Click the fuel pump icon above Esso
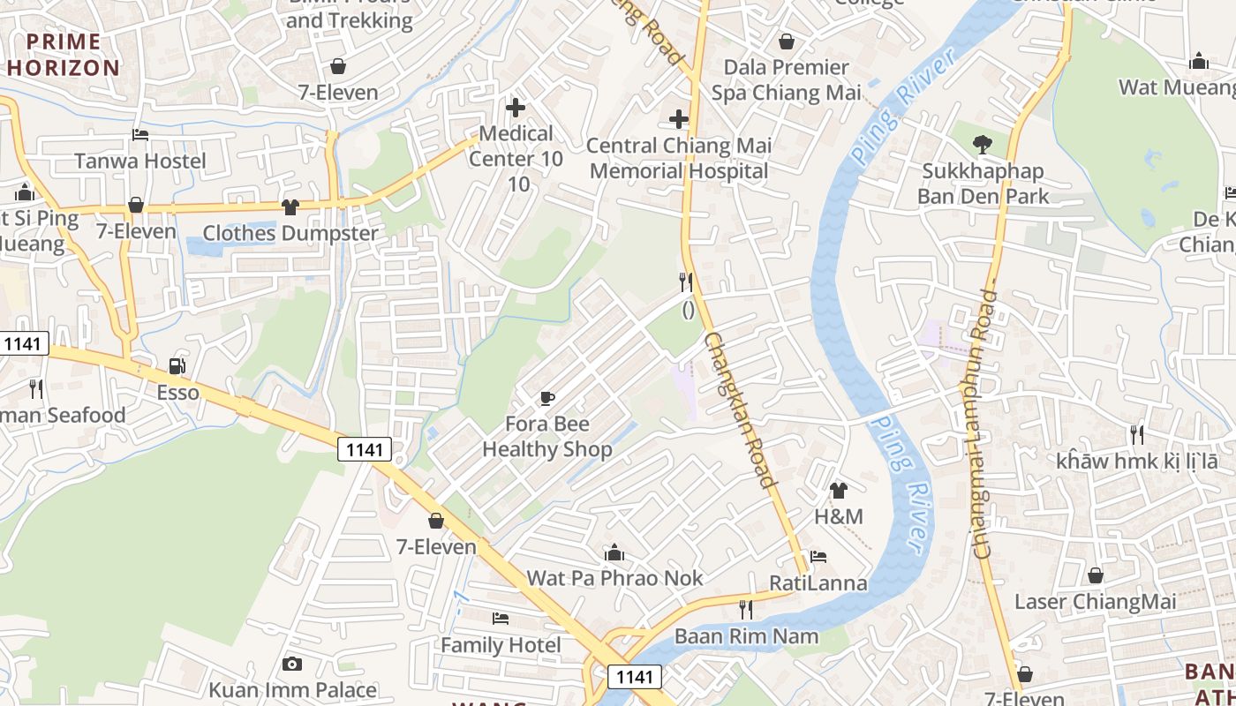[177, 366]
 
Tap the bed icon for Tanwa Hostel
[139, 135]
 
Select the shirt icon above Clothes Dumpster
[290, 207]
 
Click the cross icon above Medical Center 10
[516, 109]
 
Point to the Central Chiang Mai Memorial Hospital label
[679, 158]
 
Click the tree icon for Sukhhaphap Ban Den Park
[981, 144]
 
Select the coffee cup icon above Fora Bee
[546, 398]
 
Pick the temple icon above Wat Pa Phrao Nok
[614, 553]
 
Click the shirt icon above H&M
[838, 491]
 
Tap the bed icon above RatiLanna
[818, 558]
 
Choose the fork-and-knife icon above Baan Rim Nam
[746, 610]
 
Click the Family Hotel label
[501, 645]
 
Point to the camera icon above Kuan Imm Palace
[292, 664]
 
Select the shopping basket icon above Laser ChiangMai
[1095, 576]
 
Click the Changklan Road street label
[740, 409]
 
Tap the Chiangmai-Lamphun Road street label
[985, 424]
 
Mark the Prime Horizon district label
[63, 55]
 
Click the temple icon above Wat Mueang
[1198, 62]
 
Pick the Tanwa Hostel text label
[139, 161]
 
